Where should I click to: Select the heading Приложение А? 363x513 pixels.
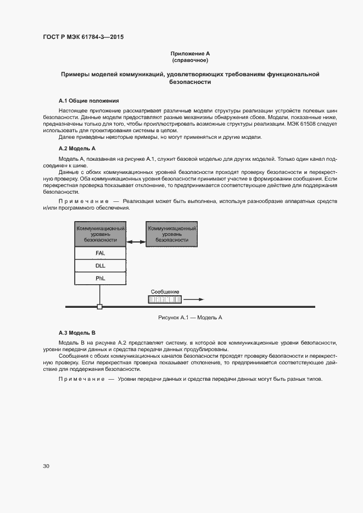190,53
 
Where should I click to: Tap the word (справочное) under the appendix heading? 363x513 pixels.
190,60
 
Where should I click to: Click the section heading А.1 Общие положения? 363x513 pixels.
88,101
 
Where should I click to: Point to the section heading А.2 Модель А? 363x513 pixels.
77,148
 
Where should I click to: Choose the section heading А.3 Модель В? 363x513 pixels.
77,332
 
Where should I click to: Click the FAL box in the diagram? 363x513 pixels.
100,253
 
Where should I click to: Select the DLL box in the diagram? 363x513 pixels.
100,266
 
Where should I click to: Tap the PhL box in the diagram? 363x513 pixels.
100,279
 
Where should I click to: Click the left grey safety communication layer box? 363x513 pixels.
100,234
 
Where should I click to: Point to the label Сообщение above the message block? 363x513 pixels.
164,292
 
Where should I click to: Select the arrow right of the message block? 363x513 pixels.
194,300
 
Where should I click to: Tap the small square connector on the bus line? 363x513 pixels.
99,307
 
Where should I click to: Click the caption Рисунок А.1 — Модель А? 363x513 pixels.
189,318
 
